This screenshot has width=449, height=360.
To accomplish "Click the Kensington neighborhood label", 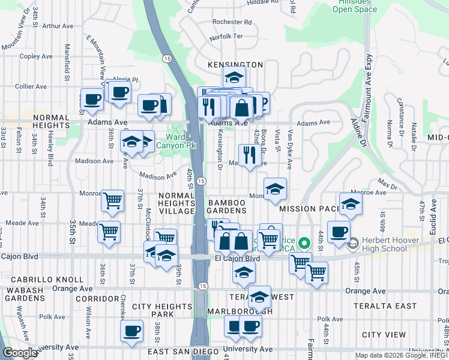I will pos(235,64).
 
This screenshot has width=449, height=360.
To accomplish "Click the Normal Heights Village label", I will pos(176,203).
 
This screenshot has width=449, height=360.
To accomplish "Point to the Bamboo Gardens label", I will pos(228,207).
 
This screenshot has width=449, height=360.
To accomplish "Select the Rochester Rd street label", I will pos(231,22).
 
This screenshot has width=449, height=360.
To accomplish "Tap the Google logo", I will pos(19,353).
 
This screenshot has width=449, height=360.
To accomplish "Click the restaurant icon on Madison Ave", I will pos(248,155).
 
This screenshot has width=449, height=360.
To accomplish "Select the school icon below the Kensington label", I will pos(234,77).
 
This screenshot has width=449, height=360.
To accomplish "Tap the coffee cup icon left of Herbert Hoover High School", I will pos(339,231).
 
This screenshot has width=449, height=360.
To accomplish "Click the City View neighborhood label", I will pos(385,334).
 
